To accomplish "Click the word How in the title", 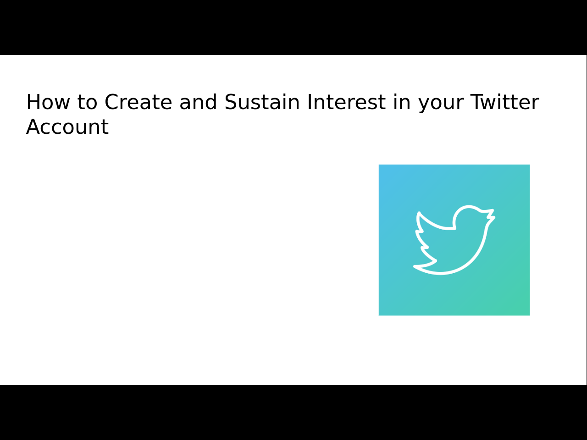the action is pyautogui.click(x=48, y=102).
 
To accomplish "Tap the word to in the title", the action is pyautogui.click(x=88, y=102).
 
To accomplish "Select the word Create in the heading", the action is pyautogui.click(x=138, y=102).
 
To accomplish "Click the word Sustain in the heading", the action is pyautogui.click(x=262, y=102).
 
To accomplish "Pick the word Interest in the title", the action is pyautogui.click(x=346, y=102).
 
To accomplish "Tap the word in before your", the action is pyautogui.click(x=402, y=102).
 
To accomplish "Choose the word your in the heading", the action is pyautogui.click(x=441, y=104).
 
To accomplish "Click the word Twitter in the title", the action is pyautogui.click(x=504, y=102).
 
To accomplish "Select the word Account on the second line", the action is pyautogui.click(x=67, y=126).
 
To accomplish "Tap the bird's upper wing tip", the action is pyautogui.click(x=419, y=213).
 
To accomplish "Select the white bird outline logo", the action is pyautogui.click(x=454, y=240).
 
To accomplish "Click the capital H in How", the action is pyautogui.click(x=33, y=102).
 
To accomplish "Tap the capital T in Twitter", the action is pyautogui.click(x=477, y=102).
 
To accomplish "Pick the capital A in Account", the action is pyautogui.click(x=33, y=126).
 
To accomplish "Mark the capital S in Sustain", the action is pyautogui.click(x=230, y=102).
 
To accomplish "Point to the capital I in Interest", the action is pyautogui.click(x=309, y=102).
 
